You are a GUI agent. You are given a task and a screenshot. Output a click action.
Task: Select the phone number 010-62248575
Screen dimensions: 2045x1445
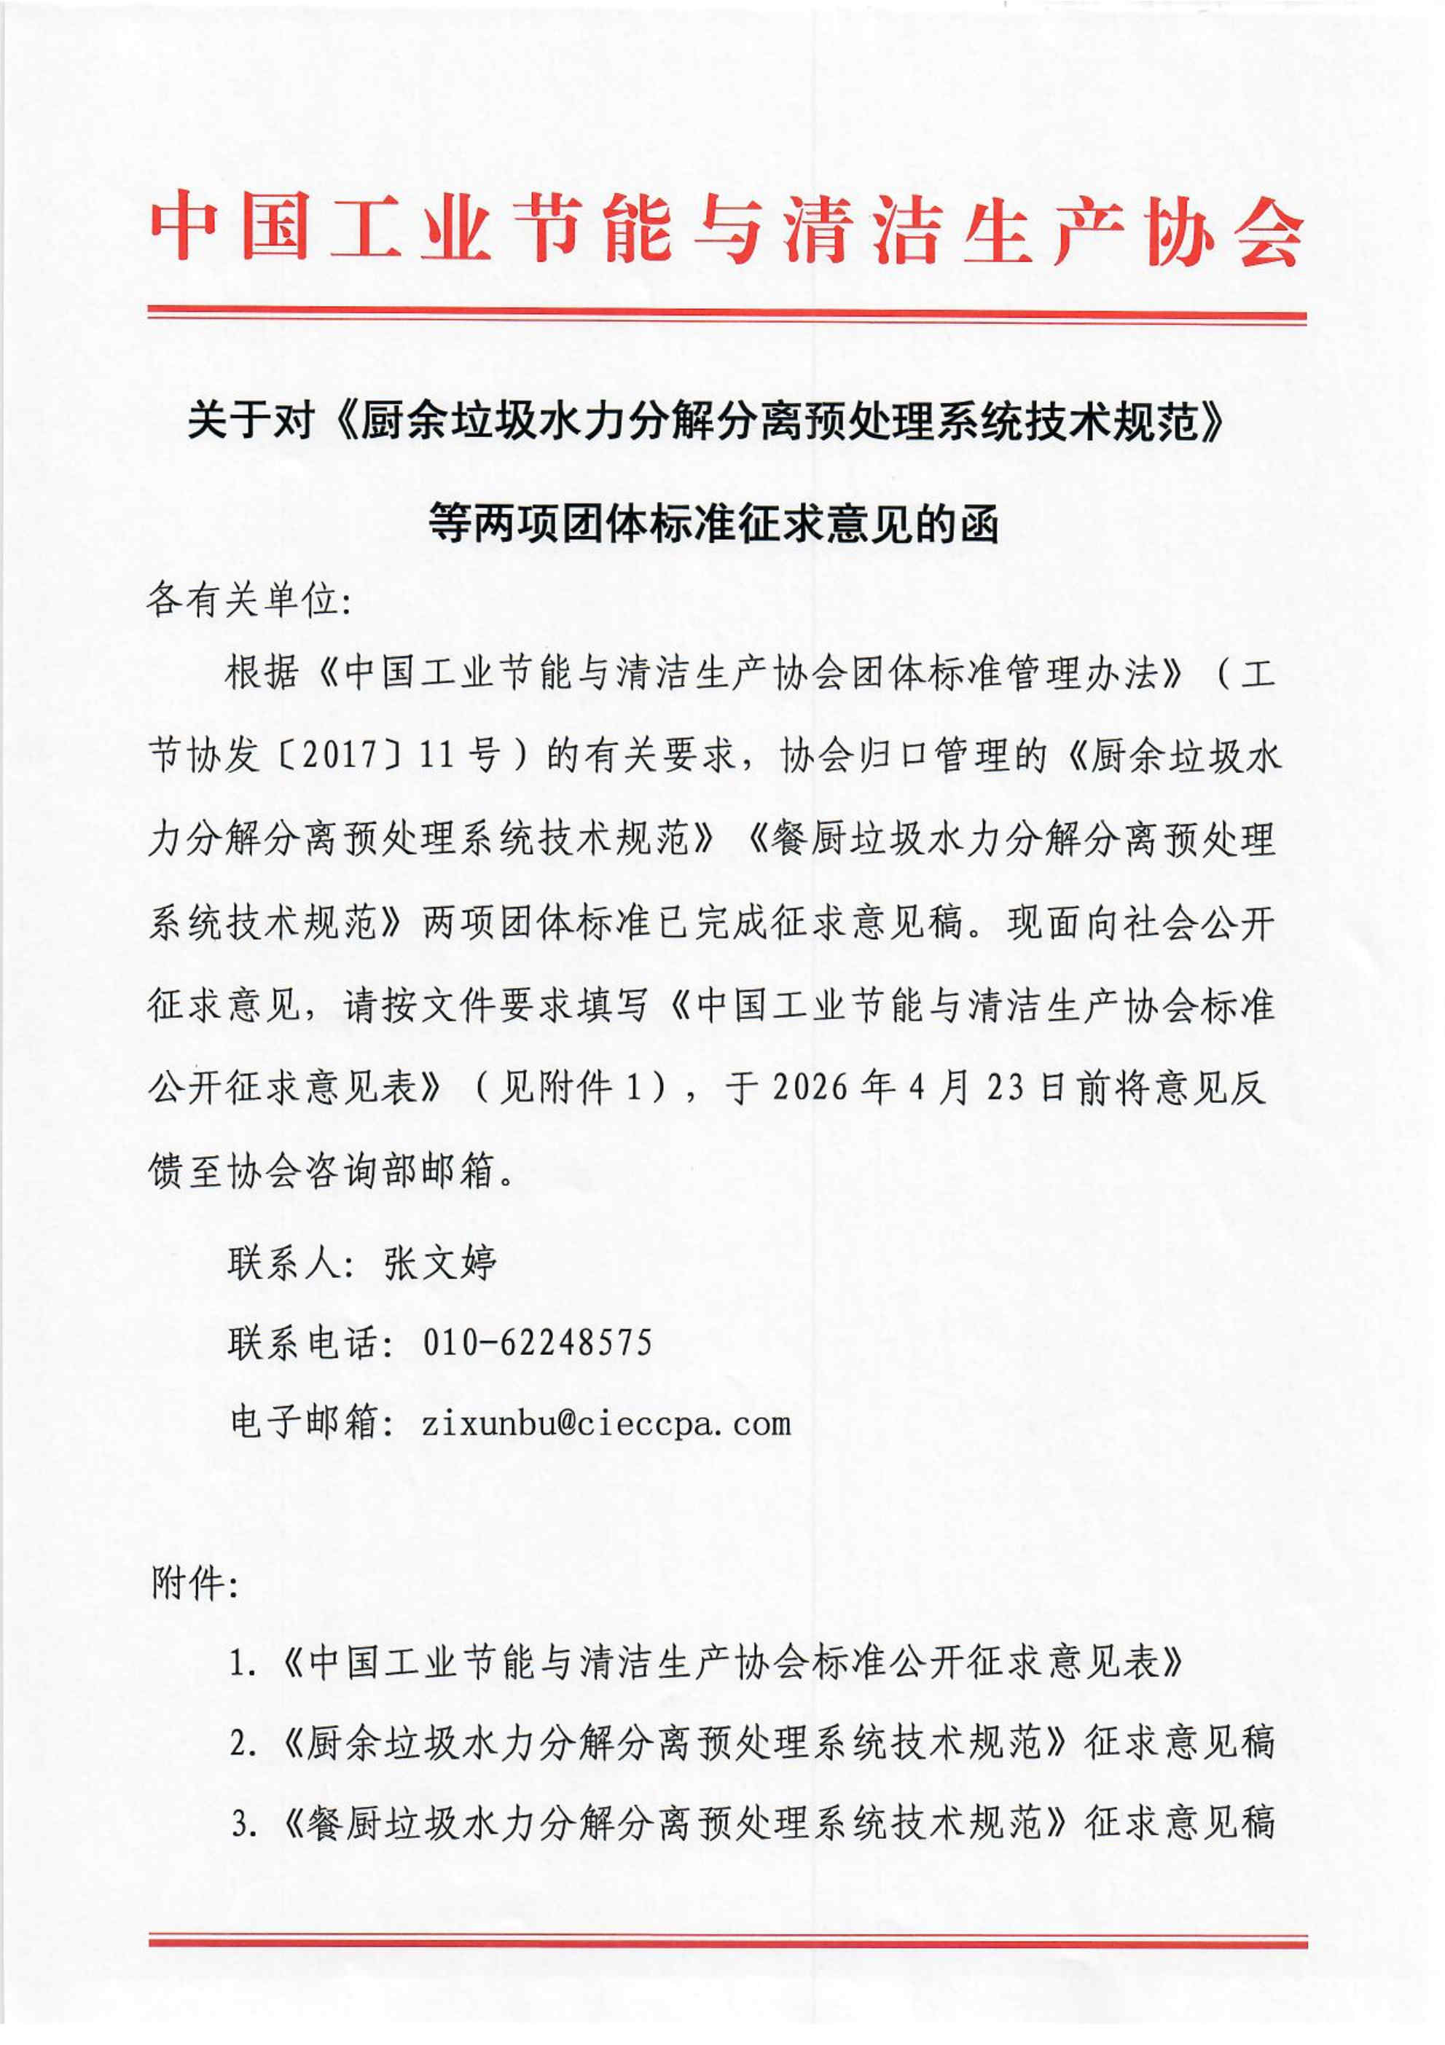(537, 1341)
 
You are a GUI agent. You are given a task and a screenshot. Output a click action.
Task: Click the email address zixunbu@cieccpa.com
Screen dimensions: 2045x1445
(606, 1421)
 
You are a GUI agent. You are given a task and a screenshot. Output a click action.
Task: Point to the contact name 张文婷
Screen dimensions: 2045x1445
(440, 1262)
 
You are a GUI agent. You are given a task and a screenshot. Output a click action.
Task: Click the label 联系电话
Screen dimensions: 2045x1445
(304, 1341)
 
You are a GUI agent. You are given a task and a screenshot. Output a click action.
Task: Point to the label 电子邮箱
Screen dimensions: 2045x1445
(304, 1421)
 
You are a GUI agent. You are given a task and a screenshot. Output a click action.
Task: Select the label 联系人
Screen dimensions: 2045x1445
(284, 1262)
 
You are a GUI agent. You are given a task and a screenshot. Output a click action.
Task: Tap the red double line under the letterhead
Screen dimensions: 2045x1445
(726, 315)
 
